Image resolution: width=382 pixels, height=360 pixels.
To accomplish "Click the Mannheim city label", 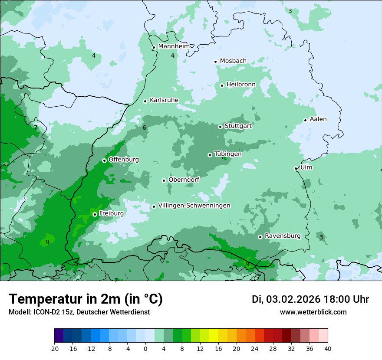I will pyautogui.click(x=174, y=46).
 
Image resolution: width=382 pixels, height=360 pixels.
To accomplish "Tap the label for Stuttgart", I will pyautogui.click(x=238, y=126).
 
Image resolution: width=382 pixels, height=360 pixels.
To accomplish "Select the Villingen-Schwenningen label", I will pyautogui.click(x=194, y=206).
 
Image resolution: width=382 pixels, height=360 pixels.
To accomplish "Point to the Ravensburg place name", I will pyautogui.click(x=282, y=236).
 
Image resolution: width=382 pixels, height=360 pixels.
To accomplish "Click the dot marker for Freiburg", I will pyautogui.click(x=95, y=214).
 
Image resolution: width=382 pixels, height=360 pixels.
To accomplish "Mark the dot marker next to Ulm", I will pyautogui.click(x=296, y=168).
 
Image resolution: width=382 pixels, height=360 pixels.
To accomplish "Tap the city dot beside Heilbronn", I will pyautogui.click(x=222, y=85).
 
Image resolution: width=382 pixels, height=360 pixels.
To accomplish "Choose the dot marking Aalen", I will pyautogui.click(x=305, y=120).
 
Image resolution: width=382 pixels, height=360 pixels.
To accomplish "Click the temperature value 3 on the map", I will pyautogui.click(x=290, y=11).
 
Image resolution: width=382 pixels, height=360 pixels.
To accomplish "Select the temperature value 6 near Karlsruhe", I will pyautogui.click(x=144, y=128).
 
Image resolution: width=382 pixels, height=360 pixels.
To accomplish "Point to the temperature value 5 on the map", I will pyautogui.click(x=322, y=237).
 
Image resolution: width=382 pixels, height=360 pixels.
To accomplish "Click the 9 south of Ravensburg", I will pyautogui.click(x=247, y=264).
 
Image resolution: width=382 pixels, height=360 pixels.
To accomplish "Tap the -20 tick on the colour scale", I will pyautogui.click(x=54, y=348).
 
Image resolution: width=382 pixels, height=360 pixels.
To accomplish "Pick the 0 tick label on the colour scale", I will pyautogui.click(x=145, y=348).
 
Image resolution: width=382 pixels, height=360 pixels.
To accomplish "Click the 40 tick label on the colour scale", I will pyautogui.click(x=327, y=348).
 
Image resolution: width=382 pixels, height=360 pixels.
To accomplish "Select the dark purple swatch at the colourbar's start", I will pyautogui.click(x=59, y=336).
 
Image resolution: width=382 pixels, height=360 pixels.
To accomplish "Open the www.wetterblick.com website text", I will pyautogui.click(x=313, y=312).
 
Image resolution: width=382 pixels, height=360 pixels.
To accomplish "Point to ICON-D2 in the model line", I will pyautogui.click(x=45, y=312).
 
